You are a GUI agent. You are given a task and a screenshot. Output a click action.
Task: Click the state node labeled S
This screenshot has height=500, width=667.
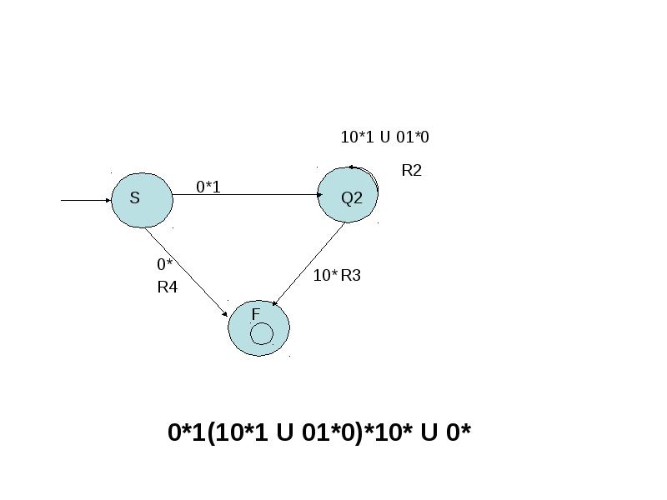(142, 200)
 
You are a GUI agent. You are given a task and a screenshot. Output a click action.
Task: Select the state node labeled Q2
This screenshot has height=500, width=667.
(348, 195)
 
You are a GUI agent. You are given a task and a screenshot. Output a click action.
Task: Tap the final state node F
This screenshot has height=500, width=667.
(259, 328)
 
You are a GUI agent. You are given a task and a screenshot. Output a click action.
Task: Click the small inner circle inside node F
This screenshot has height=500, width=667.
(262, 334)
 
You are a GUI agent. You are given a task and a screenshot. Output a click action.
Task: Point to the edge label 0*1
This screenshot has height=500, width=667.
(208, 187)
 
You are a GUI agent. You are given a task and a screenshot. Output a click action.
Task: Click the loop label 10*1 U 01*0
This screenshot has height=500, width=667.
(385, 137)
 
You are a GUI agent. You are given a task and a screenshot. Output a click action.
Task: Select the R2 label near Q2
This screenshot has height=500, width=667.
(411, 170)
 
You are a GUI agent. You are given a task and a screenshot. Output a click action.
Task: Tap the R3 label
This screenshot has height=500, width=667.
(350, 276)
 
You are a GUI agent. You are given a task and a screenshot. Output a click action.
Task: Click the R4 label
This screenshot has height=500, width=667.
(168, 287)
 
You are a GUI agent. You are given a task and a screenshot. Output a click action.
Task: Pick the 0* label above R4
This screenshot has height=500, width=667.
(165, 264)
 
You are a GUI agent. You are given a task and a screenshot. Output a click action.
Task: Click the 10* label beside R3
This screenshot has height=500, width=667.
(325, 276)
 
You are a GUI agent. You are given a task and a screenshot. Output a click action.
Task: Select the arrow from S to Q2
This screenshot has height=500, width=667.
(248, 195)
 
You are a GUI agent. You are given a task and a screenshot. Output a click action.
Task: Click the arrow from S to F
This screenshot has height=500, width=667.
(186, 272)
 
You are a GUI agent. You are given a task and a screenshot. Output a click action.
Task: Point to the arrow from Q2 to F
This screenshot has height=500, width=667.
(308, 264)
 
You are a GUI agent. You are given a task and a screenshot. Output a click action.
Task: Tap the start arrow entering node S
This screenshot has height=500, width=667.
(86, 200)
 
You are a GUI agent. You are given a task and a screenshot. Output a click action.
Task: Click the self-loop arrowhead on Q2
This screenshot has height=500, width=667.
(351, 167)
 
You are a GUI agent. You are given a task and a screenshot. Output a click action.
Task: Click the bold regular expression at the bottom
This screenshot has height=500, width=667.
(319, 432)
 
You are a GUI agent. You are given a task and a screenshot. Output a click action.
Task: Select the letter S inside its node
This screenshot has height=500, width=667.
(134, 197)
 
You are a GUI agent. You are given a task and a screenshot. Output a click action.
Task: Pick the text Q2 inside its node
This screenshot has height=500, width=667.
(352, 197)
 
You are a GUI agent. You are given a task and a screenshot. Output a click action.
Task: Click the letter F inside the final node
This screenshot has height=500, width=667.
(256, 314)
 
